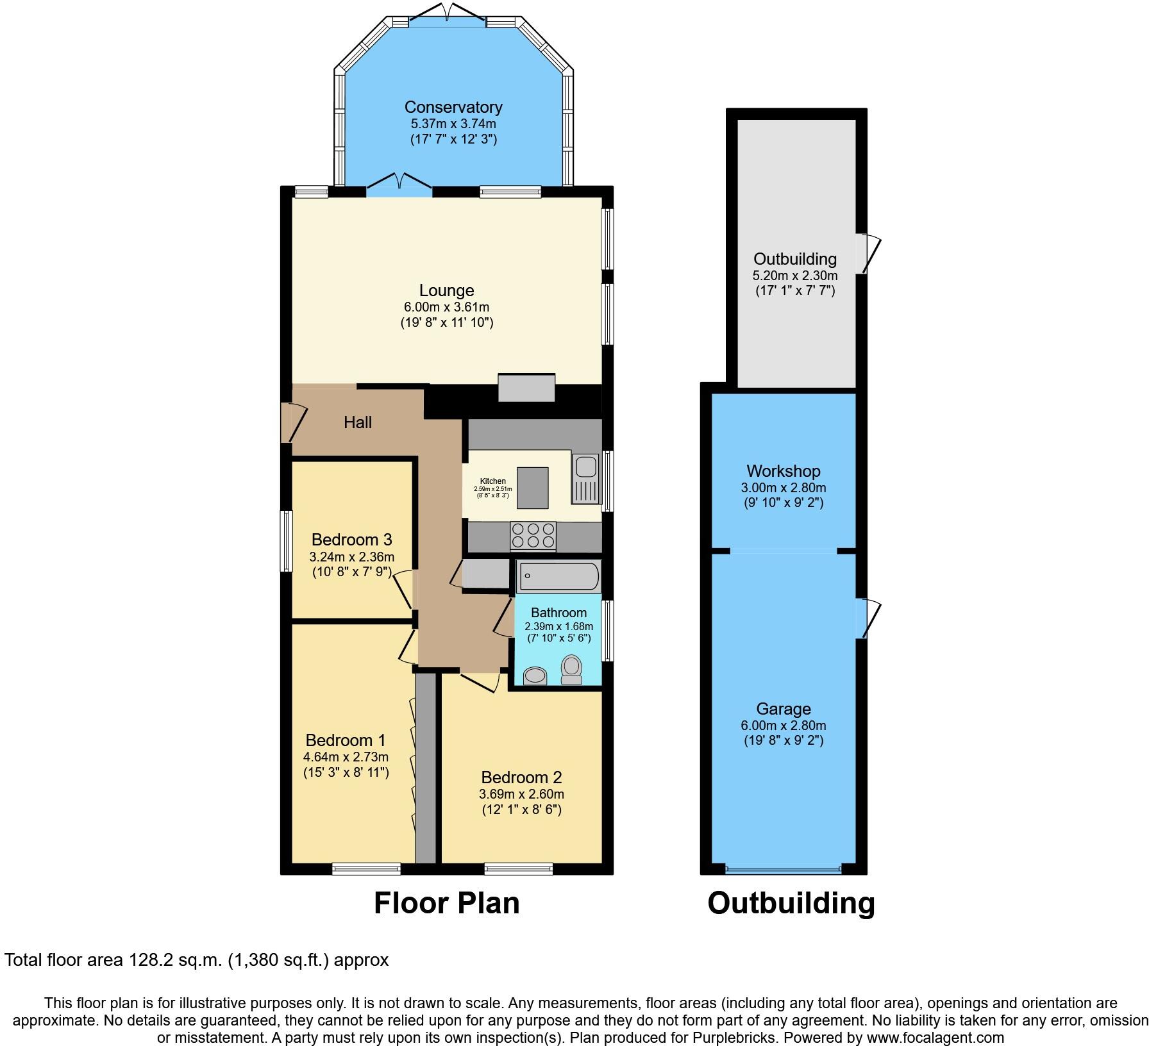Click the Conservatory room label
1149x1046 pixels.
click(x=453, y=107)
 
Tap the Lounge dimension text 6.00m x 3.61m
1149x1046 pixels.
click(x=446, y=307)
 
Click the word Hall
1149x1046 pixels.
click(x=358, y=422)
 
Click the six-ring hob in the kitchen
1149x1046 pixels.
click(x=533, y=536)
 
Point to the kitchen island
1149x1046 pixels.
click(x=532, y=488)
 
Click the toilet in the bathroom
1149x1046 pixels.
click(x=571, y=669)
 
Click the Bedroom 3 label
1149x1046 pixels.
click(x=351, y=540)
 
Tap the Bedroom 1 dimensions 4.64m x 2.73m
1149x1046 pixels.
click(x=346, y=757)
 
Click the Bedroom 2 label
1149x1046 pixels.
click(x=521, y=777)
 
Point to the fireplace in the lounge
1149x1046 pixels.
click(x=526, y=388)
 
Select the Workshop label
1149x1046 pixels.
click(x=783, y=471)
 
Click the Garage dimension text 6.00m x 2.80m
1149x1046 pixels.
click(x=783, y=726)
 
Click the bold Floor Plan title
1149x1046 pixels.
click(x=446, y=903)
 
